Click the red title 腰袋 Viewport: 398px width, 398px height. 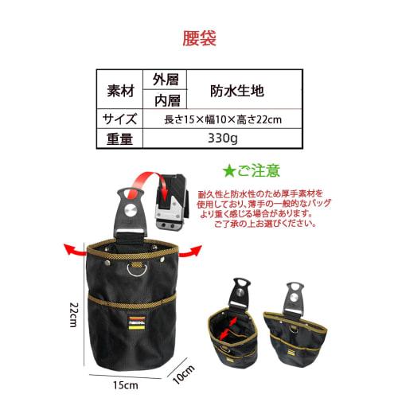(199, 37)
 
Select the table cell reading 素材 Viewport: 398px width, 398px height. (119, 89)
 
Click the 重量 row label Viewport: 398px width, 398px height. (119, 139)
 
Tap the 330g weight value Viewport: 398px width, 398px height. (224, 139)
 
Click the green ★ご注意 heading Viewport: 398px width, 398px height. (254, 170)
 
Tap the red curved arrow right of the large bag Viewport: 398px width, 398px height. (191, 250)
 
